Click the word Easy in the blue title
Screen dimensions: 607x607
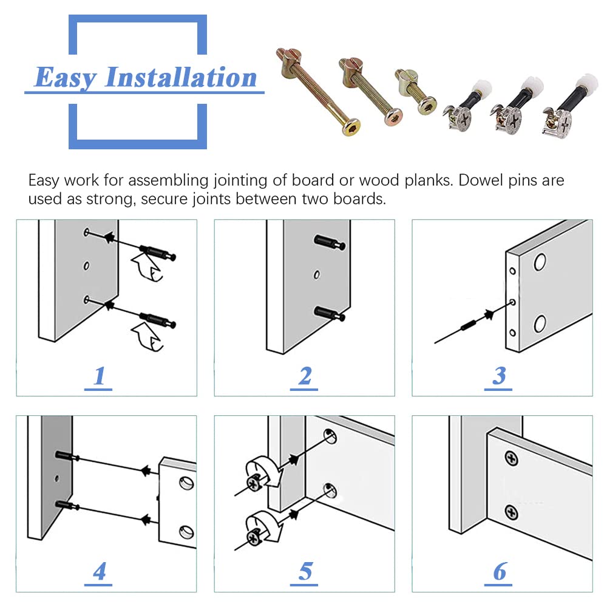[66, 78]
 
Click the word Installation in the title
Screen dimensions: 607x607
[181, 77]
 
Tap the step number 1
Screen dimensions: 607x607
[99, 376]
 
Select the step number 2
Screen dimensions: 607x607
[305, 376]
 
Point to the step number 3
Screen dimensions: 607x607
[499, 376]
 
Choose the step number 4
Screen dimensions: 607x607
[99, 571]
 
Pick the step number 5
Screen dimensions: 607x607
[305, 571]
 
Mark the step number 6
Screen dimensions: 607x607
[500, 571]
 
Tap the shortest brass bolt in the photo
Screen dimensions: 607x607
[415, 92]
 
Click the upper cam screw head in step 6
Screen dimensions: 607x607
[511, 459]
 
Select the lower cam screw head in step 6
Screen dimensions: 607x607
[511, 513]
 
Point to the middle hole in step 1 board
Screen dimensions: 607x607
[86, 266]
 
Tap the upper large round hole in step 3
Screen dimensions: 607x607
[540, 262]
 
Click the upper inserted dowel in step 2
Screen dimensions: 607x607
[330, 242]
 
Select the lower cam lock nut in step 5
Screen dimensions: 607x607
[254, 538]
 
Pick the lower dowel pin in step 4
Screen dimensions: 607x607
[67, 505]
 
